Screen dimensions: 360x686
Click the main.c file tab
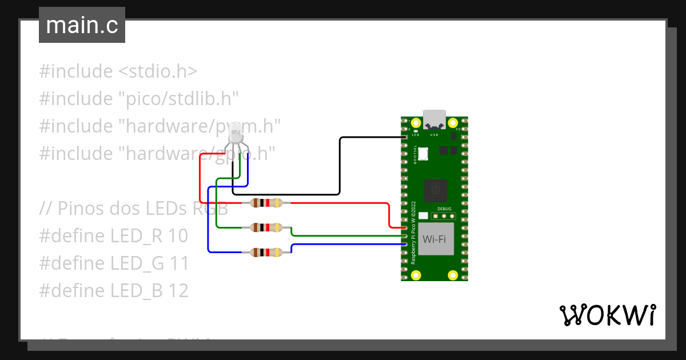click(82, 25)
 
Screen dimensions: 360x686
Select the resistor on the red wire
click(267, 203)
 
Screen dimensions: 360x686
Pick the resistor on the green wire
click(267, 227)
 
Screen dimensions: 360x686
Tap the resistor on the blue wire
click(267, 252)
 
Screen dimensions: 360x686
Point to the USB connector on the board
click(434, 119)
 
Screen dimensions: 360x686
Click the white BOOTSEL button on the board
click(424, 154)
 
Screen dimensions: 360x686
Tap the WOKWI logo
click(607, 315)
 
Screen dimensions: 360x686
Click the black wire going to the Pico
click(340, 166)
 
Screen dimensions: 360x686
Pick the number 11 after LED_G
click(179, 263)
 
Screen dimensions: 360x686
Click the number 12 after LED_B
click(178, 291)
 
